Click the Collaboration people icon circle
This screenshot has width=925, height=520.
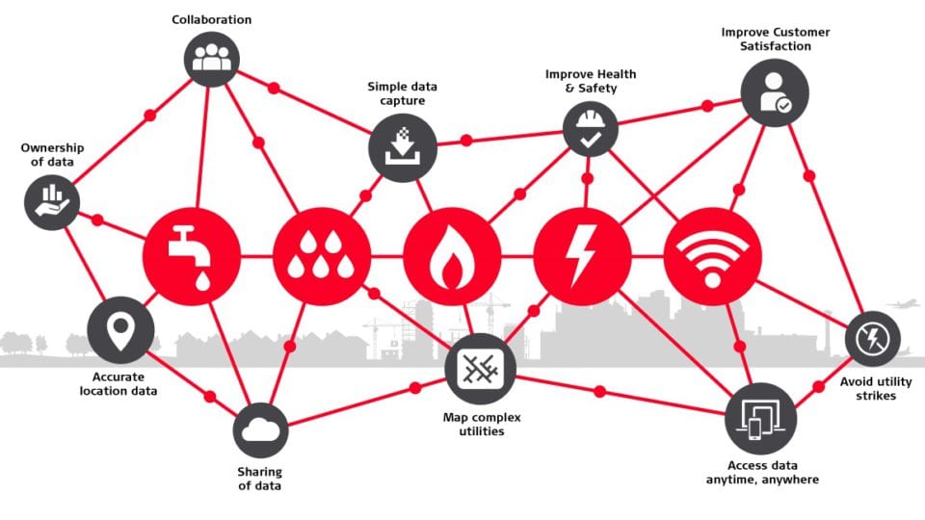pyautogui.click(x=212, y=59)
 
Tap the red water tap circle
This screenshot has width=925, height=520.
pyautogui.click(x=192, y=256)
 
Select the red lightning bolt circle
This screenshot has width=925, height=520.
pyautogui.click(x=582, y=256)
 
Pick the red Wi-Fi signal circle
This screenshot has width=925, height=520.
pyautogui.click(x=713, y=256)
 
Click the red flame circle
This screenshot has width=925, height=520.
pyautogui.click(x=453, y=256)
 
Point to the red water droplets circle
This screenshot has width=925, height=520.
pyautogui.click(x=322, y=256)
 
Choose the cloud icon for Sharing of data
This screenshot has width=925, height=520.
pyautogui.click(x=261, y=430)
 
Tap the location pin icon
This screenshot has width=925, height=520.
pyautogui.click(x=121, y=330)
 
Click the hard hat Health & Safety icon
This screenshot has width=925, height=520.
pyautogui.click(x=590, y=129)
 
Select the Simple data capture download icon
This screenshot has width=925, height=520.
pyautogui.click(x=403, y=147)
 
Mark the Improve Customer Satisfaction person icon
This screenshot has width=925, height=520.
pyautogui.click(x=775, y=92)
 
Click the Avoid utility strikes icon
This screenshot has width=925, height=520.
pyautogui.click(x=873, y=339)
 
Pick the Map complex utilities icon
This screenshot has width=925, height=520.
pyautogui.click(x=481, y=369)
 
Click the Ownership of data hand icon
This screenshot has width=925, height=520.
pyautogui.click(x=52, y=201)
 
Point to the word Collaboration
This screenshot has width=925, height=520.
pyautogui.click(x=212, y=19)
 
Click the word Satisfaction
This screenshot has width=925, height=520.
pyautogui.click(x=775, y=46)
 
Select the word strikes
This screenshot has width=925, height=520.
pyautogui.click(x=876, y=396)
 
